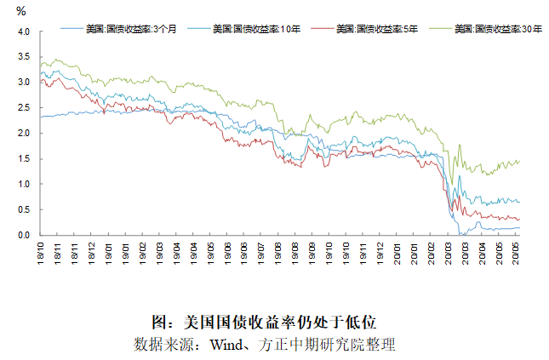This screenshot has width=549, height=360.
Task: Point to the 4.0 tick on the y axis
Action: coord(23,31)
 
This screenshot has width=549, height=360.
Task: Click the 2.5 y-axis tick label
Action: coord(23,108)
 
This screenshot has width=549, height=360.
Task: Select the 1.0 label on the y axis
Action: coord(23,185)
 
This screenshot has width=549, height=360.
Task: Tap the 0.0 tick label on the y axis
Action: coord(23,236)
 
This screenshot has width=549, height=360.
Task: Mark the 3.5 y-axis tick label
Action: coord(23,57)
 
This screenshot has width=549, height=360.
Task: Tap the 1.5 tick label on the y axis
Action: coord(23,159)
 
